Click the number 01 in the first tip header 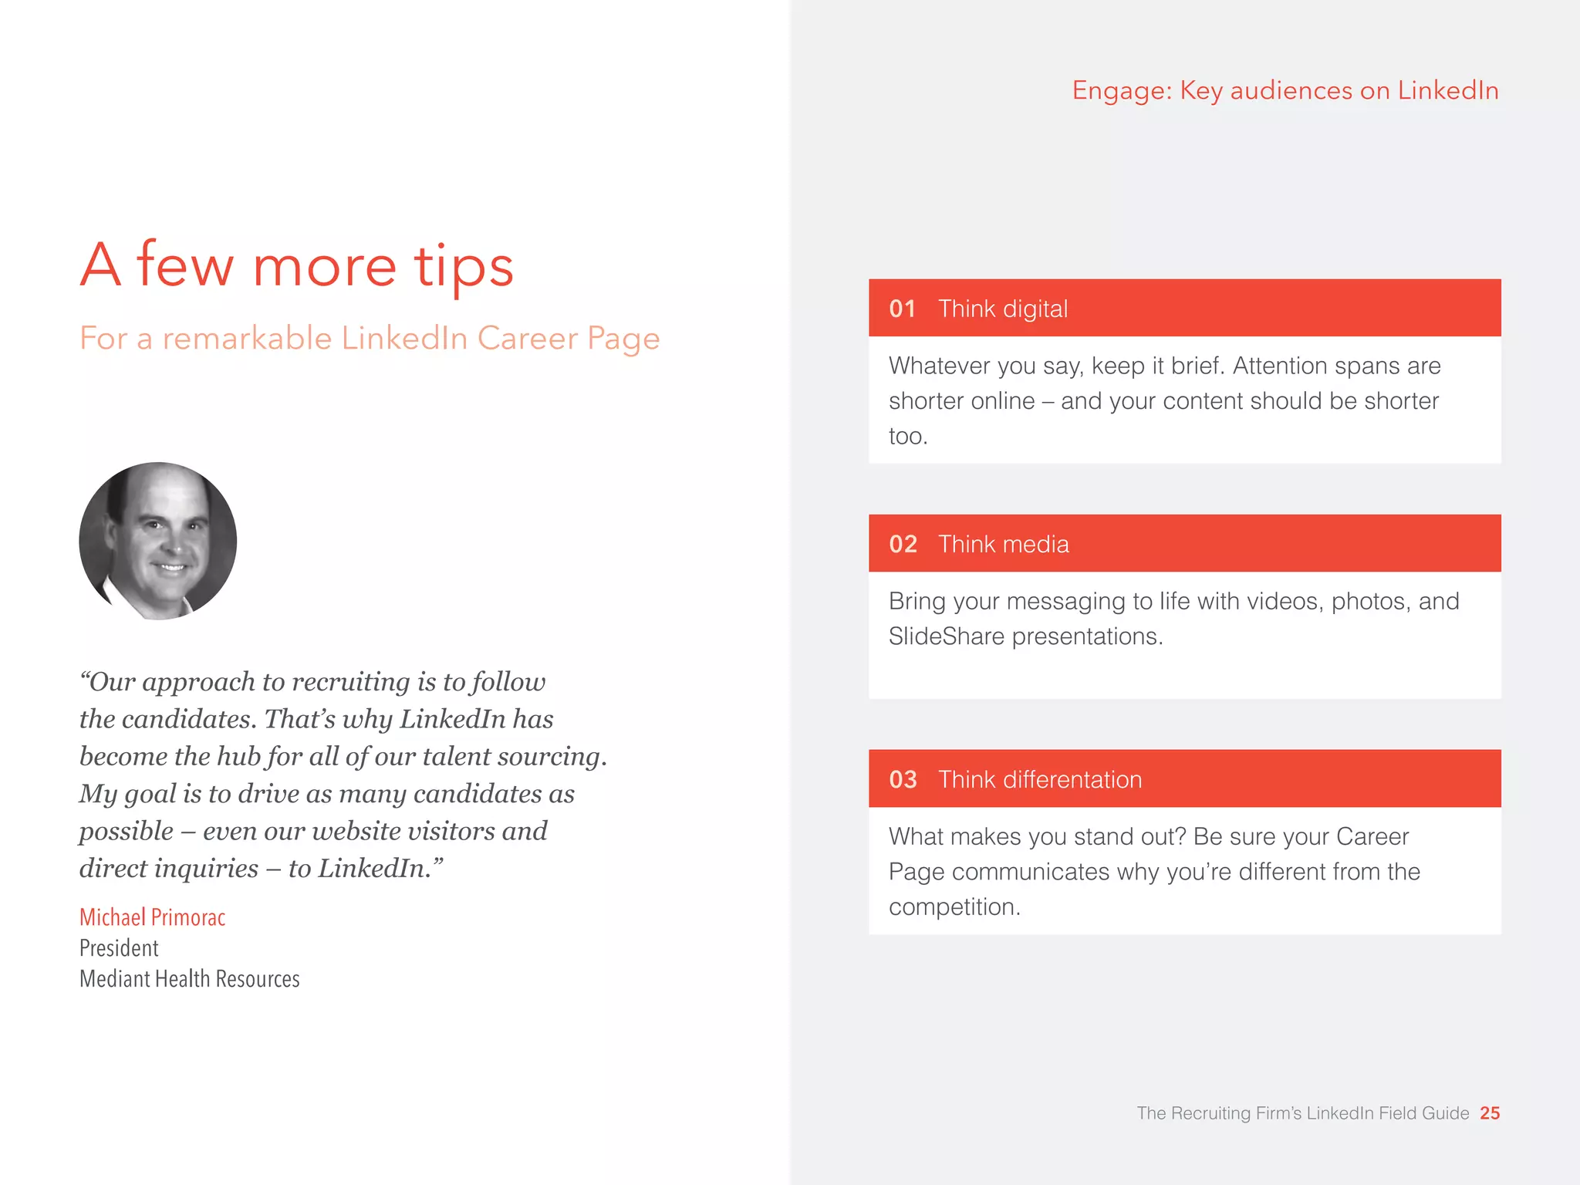[x=902, y=309]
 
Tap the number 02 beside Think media [x=903, y=544]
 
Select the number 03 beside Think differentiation [x=903, y=779]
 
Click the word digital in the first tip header [x=1035, y=309]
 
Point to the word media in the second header [x=1037, y=544]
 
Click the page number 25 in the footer [x=1490, y=1113]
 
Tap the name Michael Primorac [x=152, y=917]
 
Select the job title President [x=119, y=948]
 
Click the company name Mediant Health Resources [x=189, y=979]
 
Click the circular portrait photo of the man [x=158, y=541]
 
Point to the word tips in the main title [x=463, y=266]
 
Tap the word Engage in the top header [x=1122, y=91]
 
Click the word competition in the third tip [x=954, y=907]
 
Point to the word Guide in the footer [x=1447, y=1113]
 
